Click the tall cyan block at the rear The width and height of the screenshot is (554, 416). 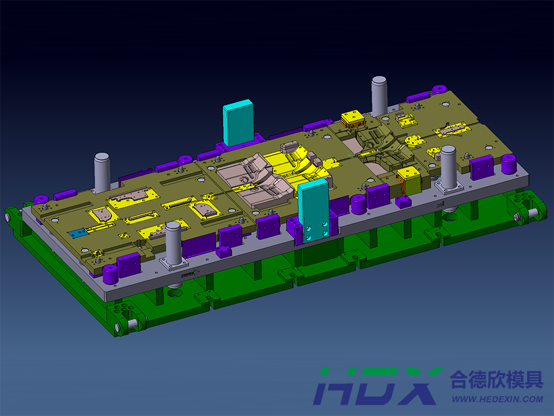[x=238, y=122]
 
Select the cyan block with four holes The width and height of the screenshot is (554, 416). [x=314, y=211]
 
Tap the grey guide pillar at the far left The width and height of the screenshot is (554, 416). [x=102, y=172]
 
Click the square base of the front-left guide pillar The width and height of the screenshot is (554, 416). [x=174, y=263]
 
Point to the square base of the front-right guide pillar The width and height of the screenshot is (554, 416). [x=449, y=188]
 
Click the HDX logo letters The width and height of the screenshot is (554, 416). [x=378, y=386]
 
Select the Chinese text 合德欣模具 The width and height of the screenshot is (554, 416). [x=497, y=379]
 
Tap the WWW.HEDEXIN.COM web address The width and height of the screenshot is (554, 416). [x=498, y=399]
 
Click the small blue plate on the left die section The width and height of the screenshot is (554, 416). [x=78, y=233]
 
